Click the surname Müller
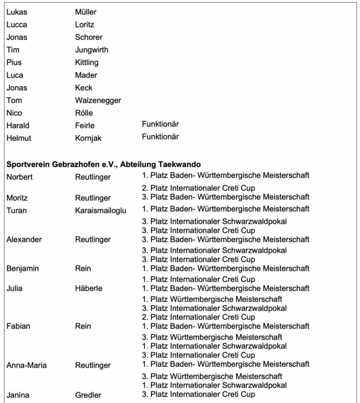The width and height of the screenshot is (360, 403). click(85, 12)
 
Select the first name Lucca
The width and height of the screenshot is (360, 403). click(17, 25)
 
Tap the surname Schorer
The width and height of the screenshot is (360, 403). click(89, 37)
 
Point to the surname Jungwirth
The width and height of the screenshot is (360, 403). click(91, 50)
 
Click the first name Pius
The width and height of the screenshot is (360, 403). click(14, 63)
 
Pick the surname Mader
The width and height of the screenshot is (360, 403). click(86, 75)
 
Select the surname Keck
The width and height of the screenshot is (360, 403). click(84, 88)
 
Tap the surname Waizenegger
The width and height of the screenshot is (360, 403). click(98, 100)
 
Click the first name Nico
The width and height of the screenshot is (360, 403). click(14, 113)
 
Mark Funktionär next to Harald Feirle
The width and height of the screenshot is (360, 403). click(160, 124)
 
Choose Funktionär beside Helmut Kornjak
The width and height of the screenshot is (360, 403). click(160, 137)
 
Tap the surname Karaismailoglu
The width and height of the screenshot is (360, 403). click(100, 211)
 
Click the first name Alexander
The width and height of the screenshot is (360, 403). click(25, 239)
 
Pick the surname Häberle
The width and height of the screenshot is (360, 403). click(89, 288)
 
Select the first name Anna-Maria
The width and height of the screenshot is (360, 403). click(26, 366)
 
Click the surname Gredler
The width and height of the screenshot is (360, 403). click(88, 395)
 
